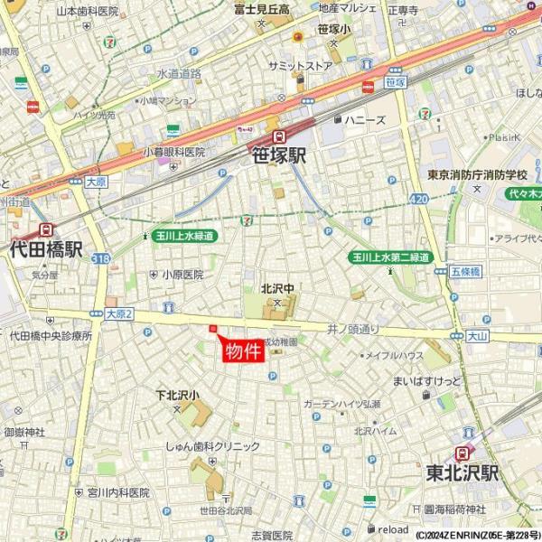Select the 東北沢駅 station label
click(x=463, y=472)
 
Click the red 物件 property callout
click(x=242, y=351)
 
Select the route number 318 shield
click(x=100, y=258)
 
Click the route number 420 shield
click(x=418, y=198)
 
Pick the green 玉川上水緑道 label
click(x=184, y=236)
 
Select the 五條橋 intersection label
click(x=465, y=270)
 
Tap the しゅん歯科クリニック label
click(x=211, y=446)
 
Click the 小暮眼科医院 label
click(x=176, y=153)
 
